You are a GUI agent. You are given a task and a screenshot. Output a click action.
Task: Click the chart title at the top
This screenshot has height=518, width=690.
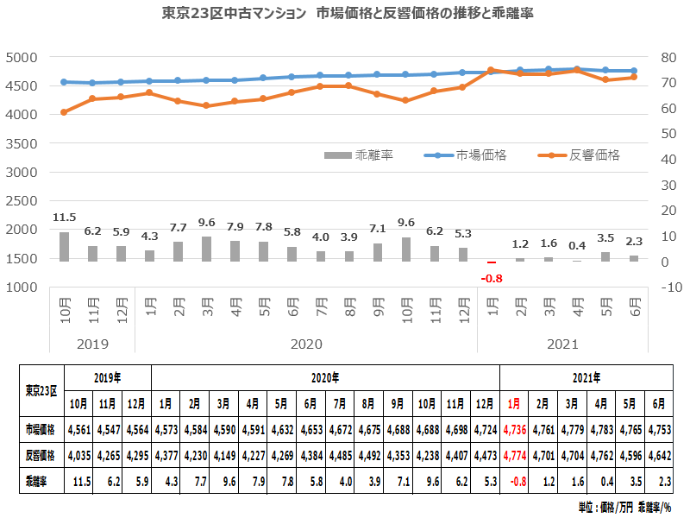coord(345,15)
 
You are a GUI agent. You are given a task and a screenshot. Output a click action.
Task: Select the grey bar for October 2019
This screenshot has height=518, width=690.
coord(64,247)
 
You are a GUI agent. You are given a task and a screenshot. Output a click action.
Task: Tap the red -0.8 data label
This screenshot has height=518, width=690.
coord(491,277)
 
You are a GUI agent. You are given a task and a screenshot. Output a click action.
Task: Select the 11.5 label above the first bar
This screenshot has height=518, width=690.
coord(64,218)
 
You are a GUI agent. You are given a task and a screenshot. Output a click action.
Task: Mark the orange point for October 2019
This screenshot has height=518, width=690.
coord(64,112)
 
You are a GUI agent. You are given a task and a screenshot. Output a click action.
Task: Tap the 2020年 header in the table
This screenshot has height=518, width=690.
coord(324,377)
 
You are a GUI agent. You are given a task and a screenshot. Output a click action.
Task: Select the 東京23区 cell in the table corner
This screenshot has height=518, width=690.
coord(41,389)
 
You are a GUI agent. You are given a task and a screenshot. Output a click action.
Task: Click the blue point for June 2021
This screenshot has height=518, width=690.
coord(634,71)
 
